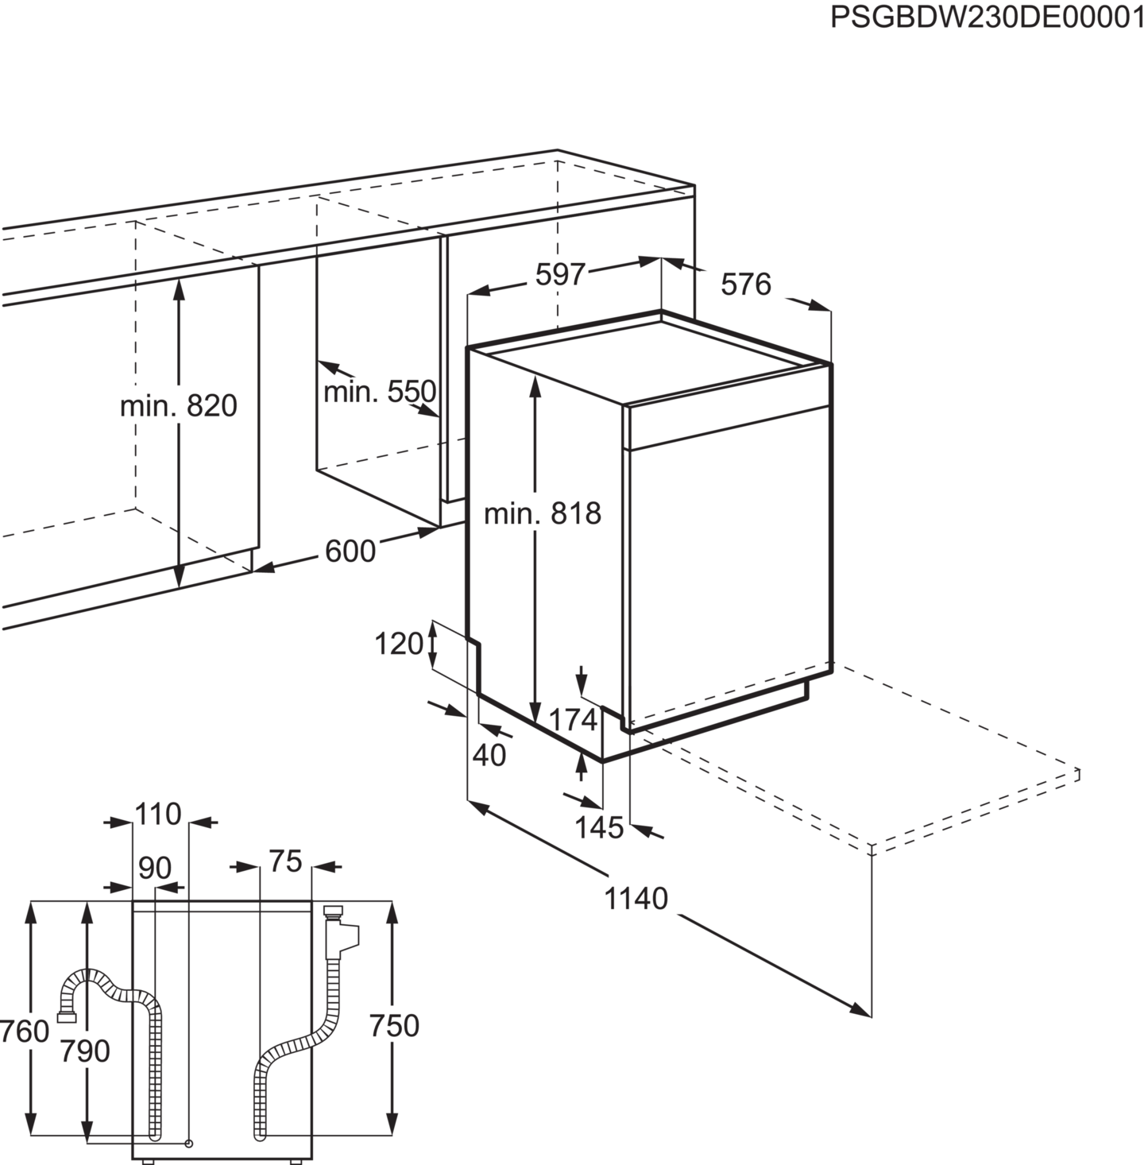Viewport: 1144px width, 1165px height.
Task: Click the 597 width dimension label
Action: (x=559, y=275)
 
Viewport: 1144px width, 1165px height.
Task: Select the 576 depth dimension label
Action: (x=746, y=284)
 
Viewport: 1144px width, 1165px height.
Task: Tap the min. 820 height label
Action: (x=178, y=406)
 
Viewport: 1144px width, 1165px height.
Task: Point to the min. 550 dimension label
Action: (x=380, y=391)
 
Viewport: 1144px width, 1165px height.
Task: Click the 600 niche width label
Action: (x=350, y=550)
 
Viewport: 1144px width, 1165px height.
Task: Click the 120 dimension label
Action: (x=399, y=644)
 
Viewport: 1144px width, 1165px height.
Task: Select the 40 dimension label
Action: (x=489, y=756)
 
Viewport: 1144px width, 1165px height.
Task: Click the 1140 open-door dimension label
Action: (x=638, y=899)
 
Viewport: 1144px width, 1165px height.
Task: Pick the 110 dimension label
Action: (x=158, y=815)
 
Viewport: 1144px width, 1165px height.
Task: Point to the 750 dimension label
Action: (x=394, y=1027)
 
